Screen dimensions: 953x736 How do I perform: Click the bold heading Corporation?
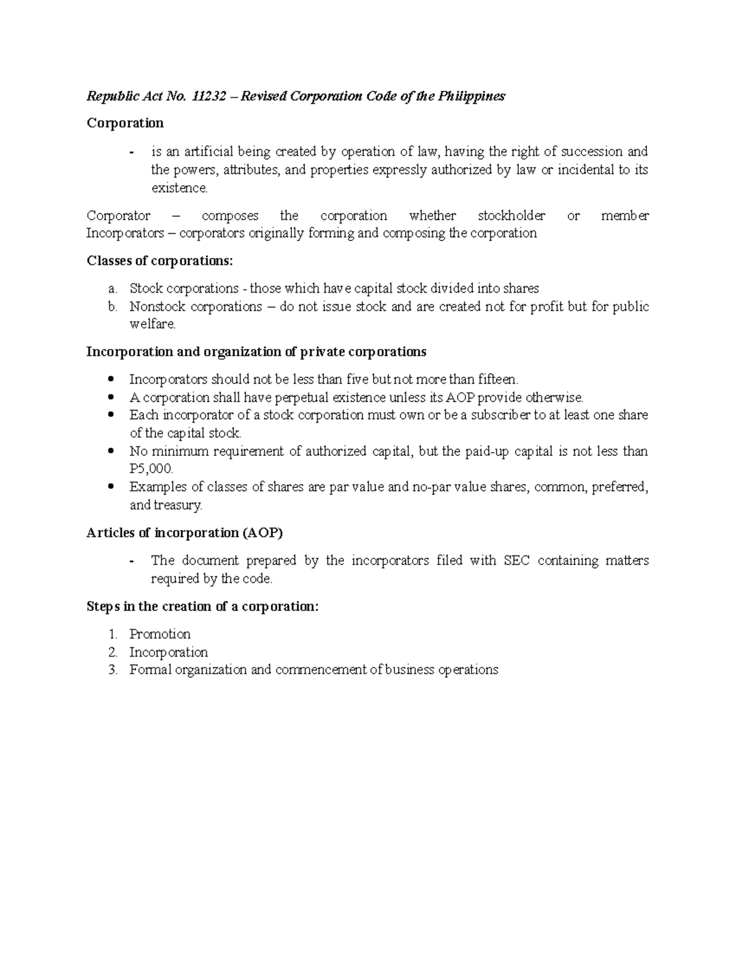[x=125, y=123]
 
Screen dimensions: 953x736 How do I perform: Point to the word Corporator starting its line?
[x=118, y=216]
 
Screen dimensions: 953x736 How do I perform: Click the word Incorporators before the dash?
[x=125, y=233]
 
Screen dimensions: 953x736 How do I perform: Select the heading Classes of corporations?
[x=160, y=261]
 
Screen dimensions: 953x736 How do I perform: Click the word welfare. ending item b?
[x=152, y=325]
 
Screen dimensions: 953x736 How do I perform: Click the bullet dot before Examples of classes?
[x=111, y=487]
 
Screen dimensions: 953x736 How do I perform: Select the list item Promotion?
[x=159, y=634]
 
